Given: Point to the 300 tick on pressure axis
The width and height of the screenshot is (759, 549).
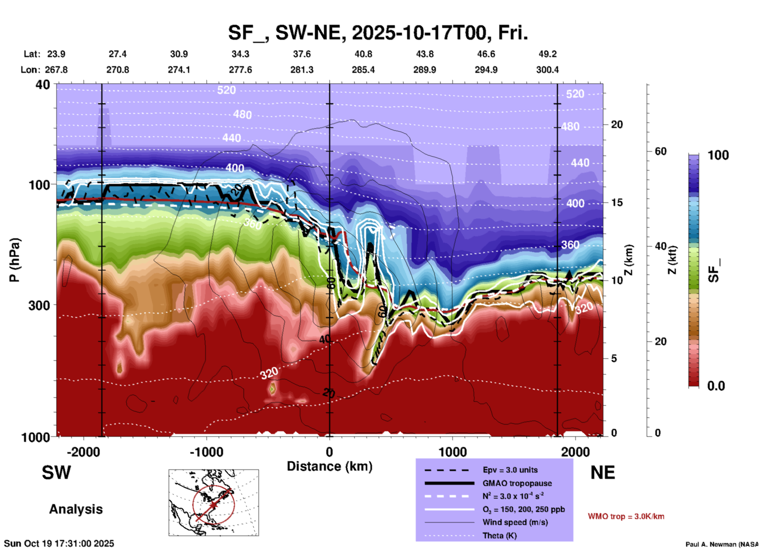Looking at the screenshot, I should (39, 305).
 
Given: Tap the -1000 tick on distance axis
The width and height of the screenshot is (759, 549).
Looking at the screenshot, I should (206, 452).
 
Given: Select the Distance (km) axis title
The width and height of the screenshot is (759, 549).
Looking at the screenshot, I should (329, 466).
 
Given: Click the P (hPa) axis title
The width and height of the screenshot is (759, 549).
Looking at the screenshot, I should (15, 260).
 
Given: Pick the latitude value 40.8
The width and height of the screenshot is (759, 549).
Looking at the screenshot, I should (363, 54).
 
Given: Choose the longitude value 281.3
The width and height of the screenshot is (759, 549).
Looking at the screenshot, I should (302, 70).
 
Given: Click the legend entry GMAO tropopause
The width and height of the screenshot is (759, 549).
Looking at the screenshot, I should (517, 483).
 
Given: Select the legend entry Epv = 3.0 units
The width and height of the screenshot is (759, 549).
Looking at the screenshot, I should (510, 470).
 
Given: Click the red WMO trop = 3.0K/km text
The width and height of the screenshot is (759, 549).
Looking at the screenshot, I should (626, 516).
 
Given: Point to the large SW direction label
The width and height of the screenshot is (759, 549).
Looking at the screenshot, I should (56, 473).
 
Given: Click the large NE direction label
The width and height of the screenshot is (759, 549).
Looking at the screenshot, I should (603, 473).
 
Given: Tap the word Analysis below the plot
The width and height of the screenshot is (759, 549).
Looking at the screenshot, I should (76, 509).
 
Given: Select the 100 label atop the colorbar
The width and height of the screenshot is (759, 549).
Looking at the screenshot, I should (718, 155).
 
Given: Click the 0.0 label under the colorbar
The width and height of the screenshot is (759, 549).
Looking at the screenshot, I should (716, 386).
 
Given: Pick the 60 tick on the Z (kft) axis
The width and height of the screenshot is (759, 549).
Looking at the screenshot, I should (660, 151).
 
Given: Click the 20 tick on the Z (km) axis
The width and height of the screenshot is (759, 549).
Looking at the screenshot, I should (617, 125).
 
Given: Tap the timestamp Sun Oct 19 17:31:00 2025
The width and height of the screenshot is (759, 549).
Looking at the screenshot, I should (59, 543).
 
